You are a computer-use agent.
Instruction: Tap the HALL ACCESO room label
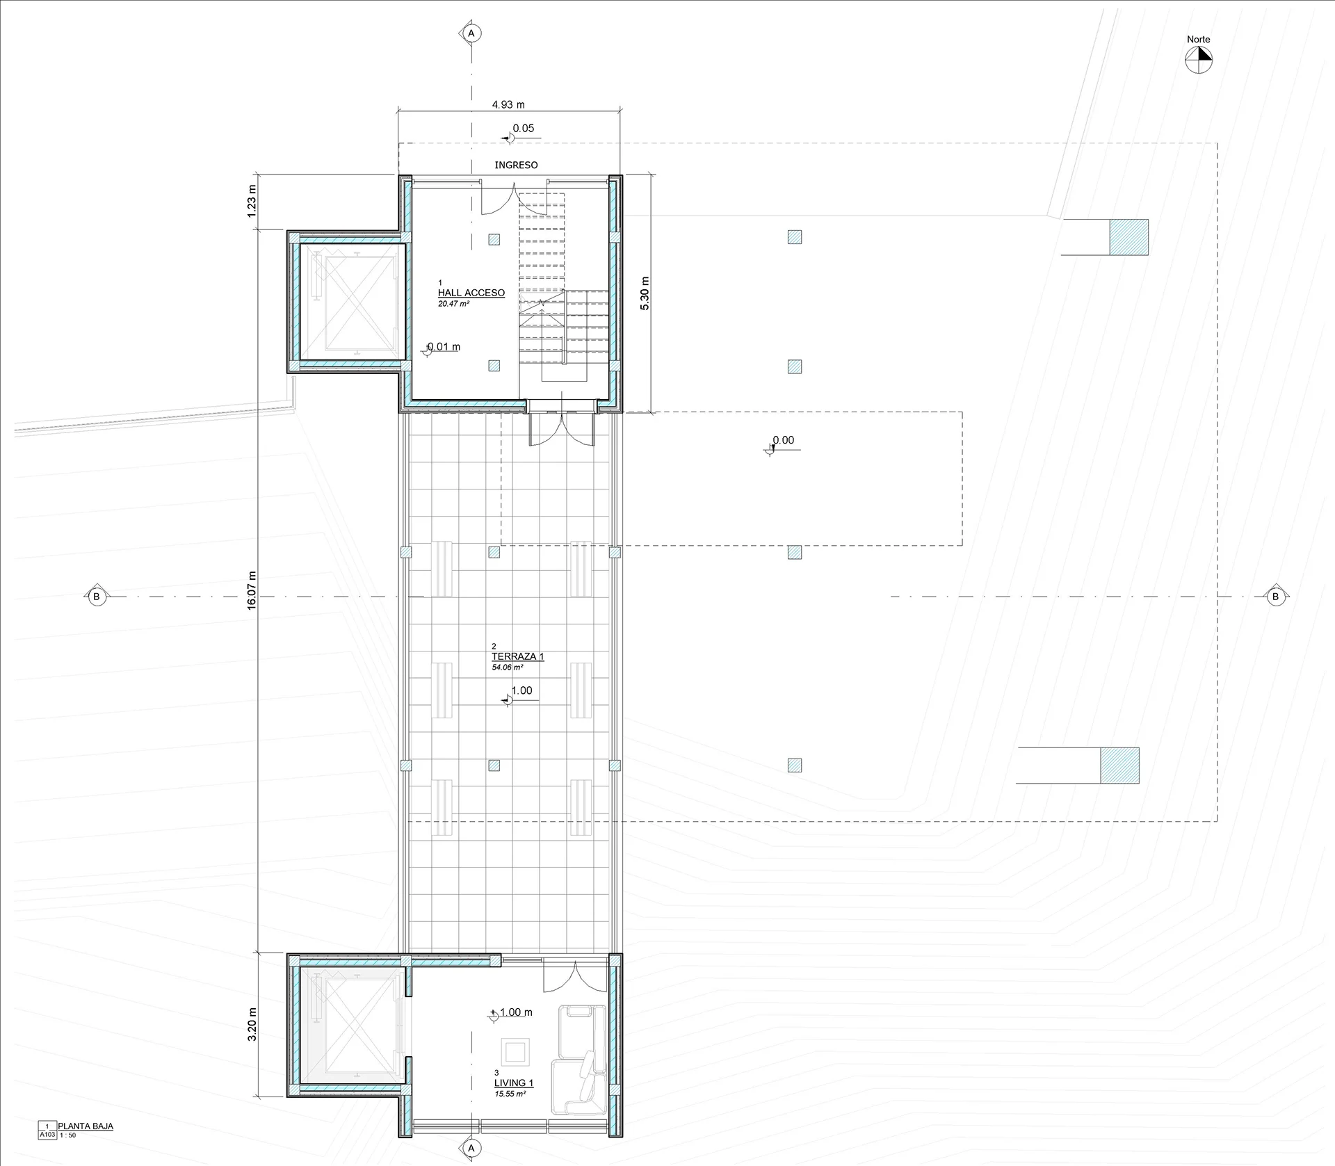[471, 293]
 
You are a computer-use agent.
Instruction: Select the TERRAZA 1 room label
[518, 656]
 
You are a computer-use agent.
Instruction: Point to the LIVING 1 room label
[514, 1083]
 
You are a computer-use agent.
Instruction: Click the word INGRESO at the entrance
[516, 165]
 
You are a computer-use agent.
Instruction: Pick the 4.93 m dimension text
[508, 105]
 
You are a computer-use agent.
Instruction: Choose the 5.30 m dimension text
[645, 293]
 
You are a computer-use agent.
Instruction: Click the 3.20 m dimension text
[252, 1024]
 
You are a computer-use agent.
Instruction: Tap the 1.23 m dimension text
[252, 197]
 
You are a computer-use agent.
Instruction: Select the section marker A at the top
[471, 33]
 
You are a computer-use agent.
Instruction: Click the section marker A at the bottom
[471, 1148]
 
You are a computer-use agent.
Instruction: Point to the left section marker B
[96, 596]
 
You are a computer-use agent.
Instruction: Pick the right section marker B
[1275, 596]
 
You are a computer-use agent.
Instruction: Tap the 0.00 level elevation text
[783, 440]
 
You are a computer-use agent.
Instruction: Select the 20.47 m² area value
[453, 304]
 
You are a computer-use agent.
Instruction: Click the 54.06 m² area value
[508, 667]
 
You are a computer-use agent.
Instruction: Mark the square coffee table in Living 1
[515, 1051]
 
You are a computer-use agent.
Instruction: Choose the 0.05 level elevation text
[524, 128]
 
